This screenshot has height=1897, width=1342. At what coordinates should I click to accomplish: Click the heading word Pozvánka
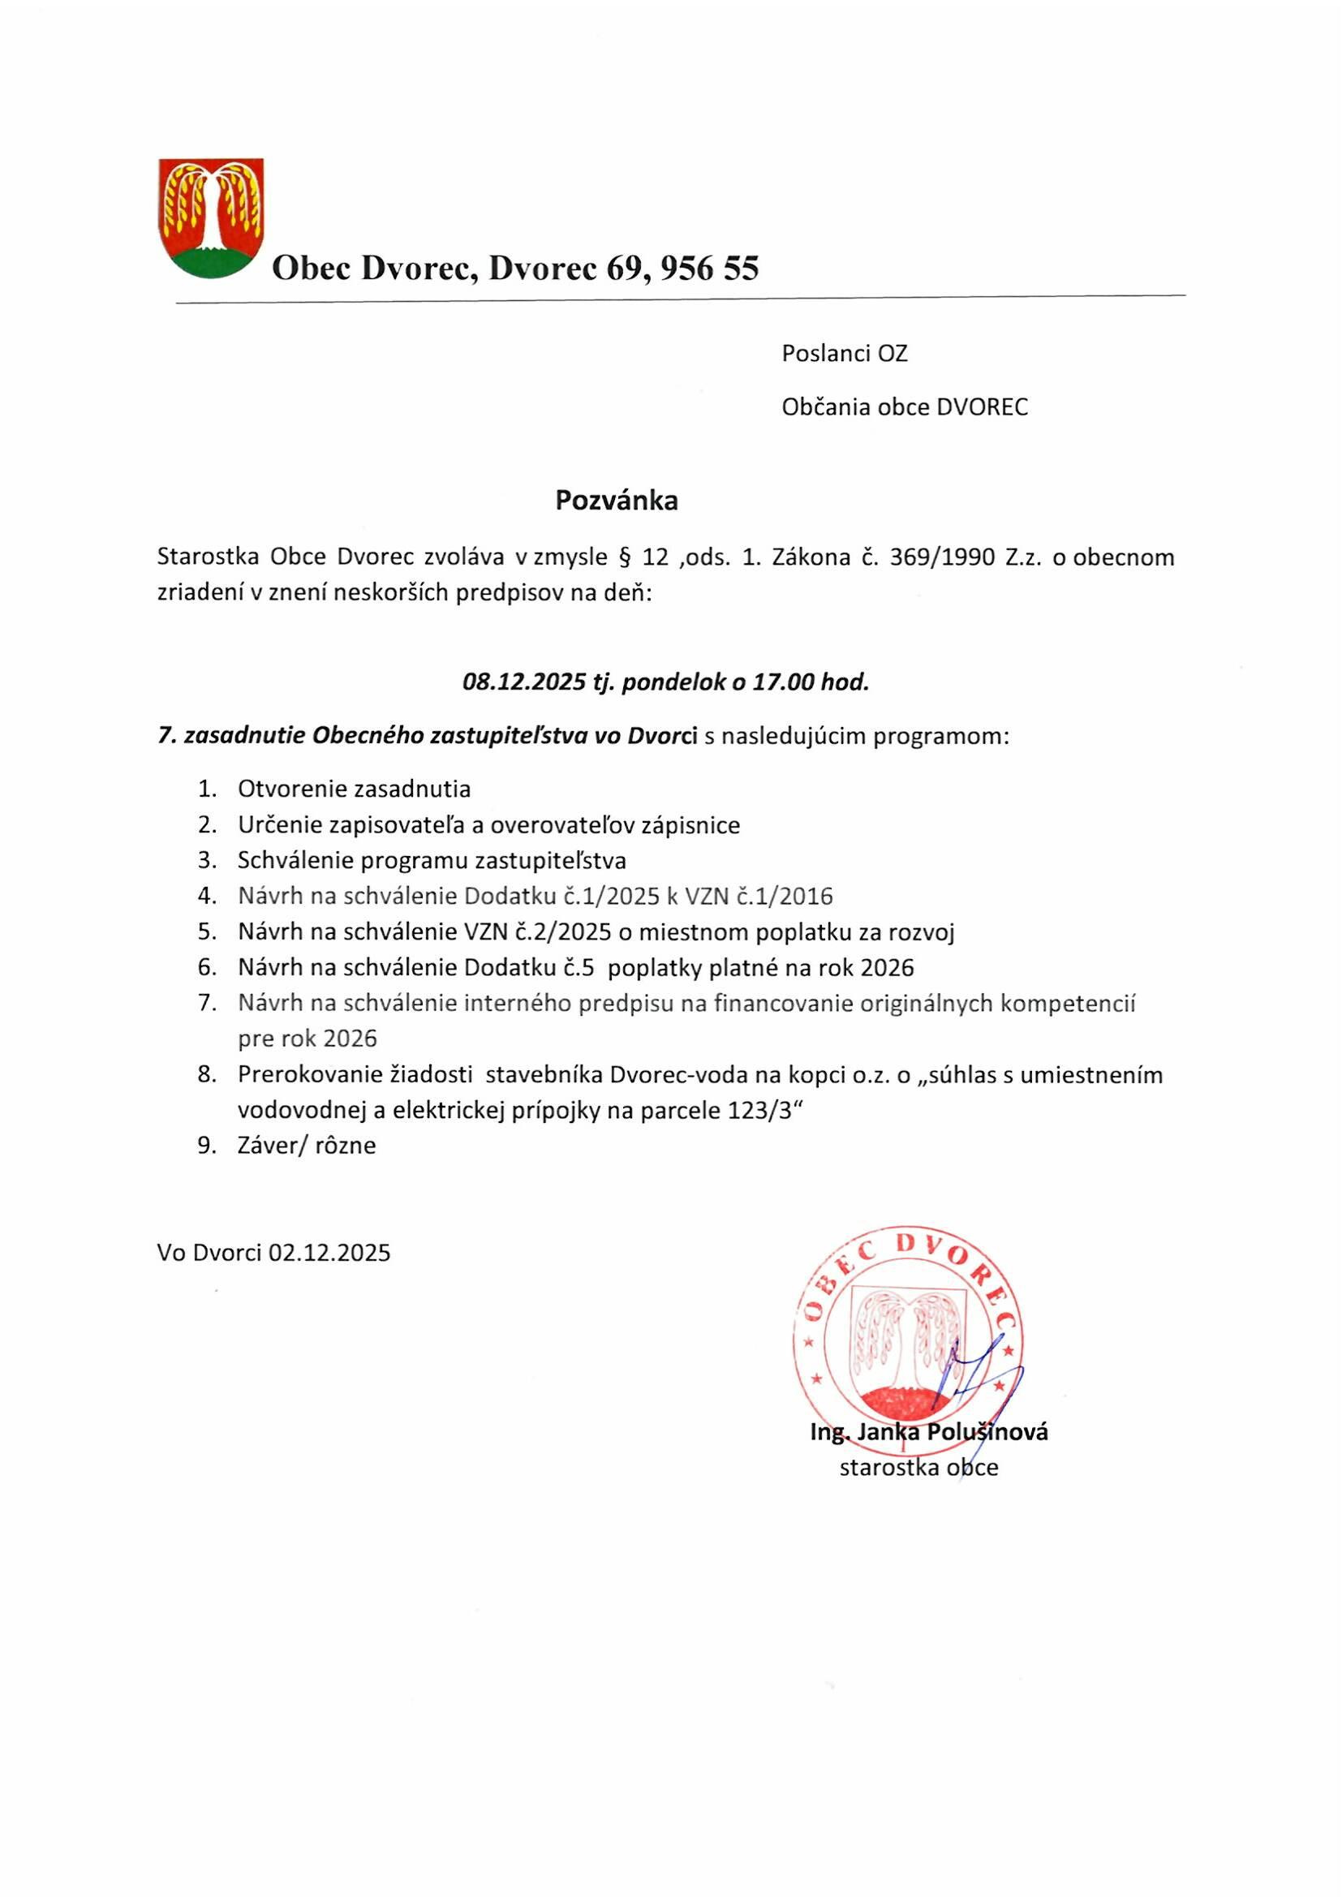click(x=617, y=501)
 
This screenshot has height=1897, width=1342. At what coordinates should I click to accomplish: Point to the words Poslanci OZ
click(x=845, y=354)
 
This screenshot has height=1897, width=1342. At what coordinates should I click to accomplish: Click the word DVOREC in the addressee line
click(x=982, y=407)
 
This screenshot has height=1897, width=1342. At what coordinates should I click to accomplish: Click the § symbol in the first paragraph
click(x=626, y=557)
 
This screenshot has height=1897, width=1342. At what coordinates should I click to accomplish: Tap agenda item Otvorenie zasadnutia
click(x=354, y=789)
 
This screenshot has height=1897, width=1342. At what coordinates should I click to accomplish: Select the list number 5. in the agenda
click(x=207, y=933)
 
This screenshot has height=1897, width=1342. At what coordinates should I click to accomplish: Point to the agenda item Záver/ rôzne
click(x=307, y=1146)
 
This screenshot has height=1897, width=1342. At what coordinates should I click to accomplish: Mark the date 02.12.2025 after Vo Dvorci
click(x=329, y=1254)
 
